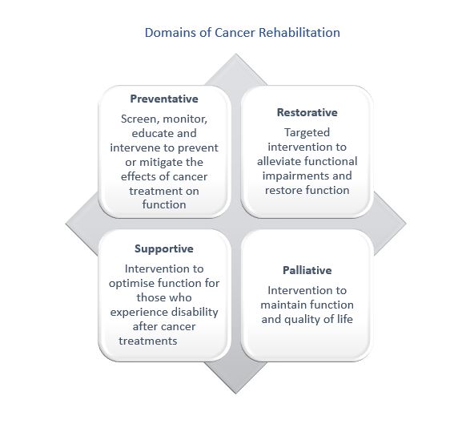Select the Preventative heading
(x=164, y=99)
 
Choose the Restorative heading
(x=307, y=112)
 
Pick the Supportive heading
(x=164, y=248)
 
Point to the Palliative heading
(x=307, y=270)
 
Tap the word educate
(x=139, y=133)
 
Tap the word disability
(x=191, y=312)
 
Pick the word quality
(x=294, y=319)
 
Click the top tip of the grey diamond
(x=235, y=54)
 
